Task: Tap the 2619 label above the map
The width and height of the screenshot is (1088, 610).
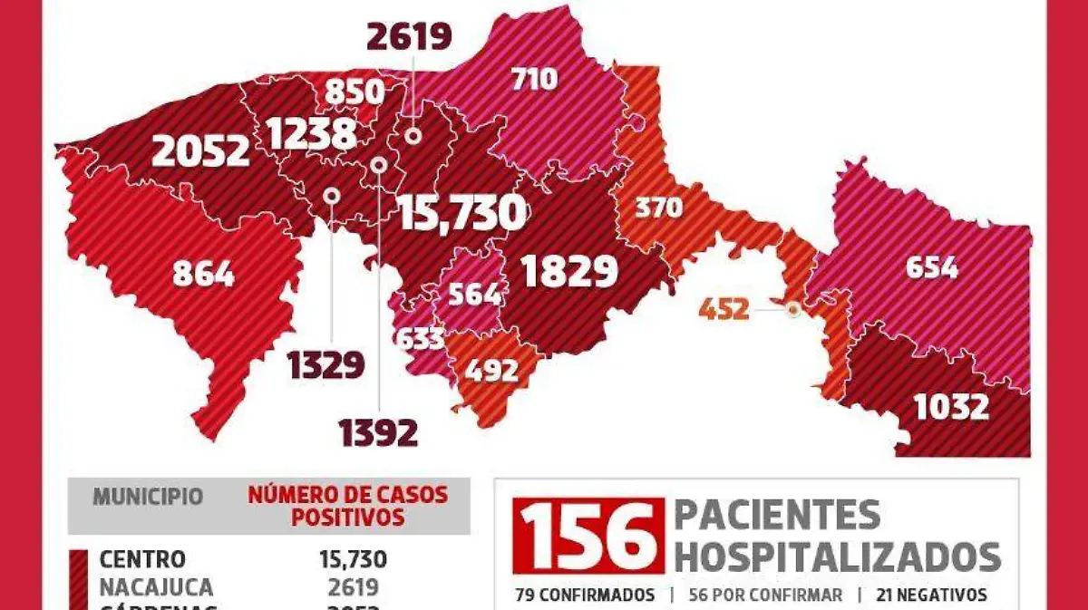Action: tap(409, 37)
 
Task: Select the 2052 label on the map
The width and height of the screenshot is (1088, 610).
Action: tap(200, 150)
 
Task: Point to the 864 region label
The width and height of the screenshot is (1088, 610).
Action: tap(203, 273)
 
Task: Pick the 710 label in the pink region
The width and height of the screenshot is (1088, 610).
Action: tap(534, 80)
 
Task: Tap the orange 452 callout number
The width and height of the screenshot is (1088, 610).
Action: tap(724, 310)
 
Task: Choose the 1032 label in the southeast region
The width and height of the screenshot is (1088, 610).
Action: tap(951, 407)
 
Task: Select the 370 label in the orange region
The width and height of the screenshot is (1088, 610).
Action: tap(658, 208)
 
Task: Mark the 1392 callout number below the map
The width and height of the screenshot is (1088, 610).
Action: tap(379, 433)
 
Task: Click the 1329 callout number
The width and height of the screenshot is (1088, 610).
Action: tap(325, 364)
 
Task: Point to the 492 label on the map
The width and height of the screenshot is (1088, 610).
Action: tap(491, 371)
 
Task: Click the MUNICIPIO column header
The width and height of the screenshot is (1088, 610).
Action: tap(148, 497)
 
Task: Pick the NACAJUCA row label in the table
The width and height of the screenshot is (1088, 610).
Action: tap(156, 586)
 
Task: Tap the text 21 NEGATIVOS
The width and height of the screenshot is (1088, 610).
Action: tap(931, 595)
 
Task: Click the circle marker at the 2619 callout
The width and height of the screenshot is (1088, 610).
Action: tap(413, 137)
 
